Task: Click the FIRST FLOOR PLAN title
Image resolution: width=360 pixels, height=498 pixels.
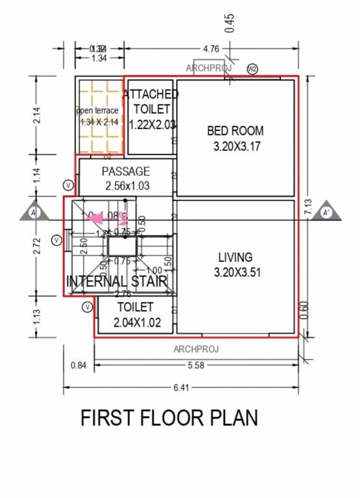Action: (x=169, y=418)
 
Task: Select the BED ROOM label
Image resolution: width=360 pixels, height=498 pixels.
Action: (x=235, y=131)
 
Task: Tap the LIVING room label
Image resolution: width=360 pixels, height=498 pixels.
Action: (x=235, y=257)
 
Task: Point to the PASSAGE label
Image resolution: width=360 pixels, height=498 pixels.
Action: (x=126, y=172)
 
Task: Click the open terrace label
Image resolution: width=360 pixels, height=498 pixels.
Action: (x=98, y=110)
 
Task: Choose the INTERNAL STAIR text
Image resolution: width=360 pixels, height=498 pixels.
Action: (x=117, y=281)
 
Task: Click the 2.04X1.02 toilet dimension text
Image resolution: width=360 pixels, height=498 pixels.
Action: (x=136, y=322)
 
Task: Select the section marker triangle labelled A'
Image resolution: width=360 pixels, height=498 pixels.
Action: (x=326, y=212)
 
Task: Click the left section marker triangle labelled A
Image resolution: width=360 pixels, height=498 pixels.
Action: (x=33, y=212)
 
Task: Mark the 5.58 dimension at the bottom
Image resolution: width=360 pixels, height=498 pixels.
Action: (x=196, y=366)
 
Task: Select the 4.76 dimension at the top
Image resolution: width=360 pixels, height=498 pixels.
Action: (x=211, y=49)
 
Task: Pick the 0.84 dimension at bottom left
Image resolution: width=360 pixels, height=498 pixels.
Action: (x=78, y=366)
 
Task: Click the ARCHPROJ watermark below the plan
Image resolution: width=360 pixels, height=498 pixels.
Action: (x=196, y=349)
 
